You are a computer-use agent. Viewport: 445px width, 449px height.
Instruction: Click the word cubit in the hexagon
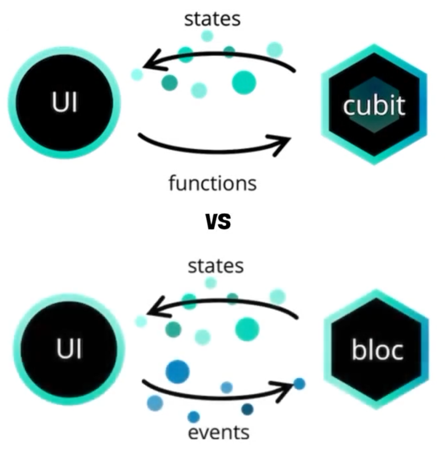point(374,106)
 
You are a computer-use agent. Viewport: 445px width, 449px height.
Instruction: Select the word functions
point(212,183)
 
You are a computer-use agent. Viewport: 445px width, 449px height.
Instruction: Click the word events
point(218,432)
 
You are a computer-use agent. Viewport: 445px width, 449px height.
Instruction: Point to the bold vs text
point(218,221)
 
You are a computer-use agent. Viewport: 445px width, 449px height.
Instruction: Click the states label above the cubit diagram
point(212,19)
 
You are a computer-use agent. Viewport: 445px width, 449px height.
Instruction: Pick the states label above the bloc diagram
point(215,266)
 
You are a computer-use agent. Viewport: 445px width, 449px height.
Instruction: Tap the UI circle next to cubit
point(64,103)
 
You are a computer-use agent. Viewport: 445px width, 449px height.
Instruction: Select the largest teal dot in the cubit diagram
point(244,82)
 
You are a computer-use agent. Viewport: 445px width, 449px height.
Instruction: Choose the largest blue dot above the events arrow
point(177,371)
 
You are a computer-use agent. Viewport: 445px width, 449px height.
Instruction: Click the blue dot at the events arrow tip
point(299,384)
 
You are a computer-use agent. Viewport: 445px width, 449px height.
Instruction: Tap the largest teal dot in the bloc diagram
point(247,329)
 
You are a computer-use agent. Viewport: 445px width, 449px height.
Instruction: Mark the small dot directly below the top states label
point(207,36)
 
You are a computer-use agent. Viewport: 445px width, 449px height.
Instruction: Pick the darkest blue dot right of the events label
point(247,409)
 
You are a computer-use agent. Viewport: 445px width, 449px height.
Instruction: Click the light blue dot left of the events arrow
point(155,403)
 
